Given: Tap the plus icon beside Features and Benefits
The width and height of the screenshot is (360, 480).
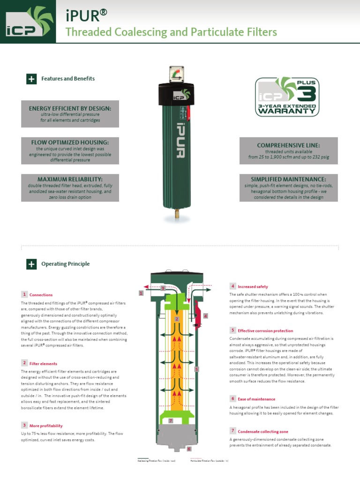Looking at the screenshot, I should point(31,79).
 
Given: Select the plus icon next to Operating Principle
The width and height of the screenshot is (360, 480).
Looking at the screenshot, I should point(31,264).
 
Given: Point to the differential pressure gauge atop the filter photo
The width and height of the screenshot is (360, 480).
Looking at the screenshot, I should point(177,75).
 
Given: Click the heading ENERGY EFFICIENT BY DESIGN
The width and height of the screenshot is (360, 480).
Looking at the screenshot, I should point(70,108).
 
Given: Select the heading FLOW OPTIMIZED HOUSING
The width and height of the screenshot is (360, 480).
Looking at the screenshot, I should point(70,142).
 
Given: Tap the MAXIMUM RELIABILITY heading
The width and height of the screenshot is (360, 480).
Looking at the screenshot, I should point(70,179).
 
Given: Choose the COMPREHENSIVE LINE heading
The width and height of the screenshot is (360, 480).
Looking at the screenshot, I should point(288,145).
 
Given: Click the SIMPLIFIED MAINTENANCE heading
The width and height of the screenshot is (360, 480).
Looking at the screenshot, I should point(288,179).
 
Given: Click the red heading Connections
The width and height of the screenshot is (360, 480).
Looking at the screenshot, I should point(41,295).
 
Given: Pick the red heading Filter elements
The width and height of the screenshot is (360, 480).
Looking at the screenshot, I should point(43,363).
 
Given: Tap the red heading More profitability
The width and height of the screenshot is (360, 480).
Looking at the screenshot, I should point(46,426).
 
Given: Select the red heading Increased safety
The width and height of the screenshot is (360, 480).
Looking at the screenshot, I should point(253,286).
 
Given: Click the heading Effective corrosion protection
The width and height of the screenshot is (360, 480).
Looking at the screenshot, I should point(265,330).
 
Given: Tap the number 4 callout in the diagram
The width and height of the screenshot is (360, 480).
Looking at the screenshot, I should point(205,316).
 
